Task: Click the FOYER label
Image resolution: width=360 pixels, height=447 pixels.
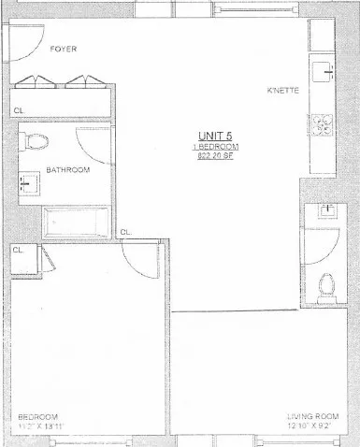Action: point(64,49)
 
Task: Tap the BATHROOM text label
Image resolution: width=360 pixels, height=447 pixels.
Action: point(68,170)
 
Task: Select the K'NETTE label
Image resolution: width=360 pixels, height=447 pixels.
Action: point(281,92)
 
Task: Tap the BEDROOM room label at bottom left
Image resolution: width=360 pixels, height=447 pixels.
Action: point(38,416)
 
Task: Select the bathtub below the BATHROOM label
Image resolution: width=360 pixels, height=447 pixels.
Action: point(77,223)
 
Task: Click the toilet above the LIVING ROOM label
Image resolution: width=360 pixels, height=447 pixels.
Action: point(326,281)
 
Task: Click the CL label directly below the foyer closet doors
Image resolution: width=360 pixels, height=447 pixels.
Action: point(19,110)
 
